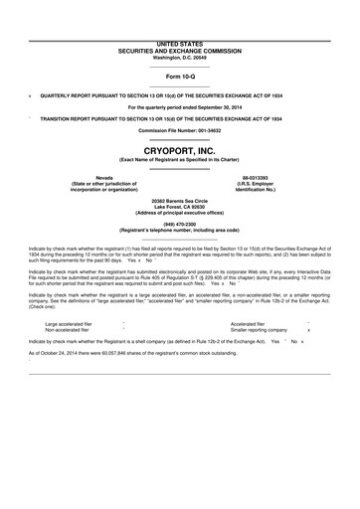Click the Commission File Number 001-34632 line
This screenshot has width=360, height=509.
(180, 130)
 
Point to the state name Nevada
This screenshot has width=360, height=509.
(68, 177)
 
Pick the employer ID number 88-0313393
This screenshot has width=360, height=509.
(290, 177)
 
